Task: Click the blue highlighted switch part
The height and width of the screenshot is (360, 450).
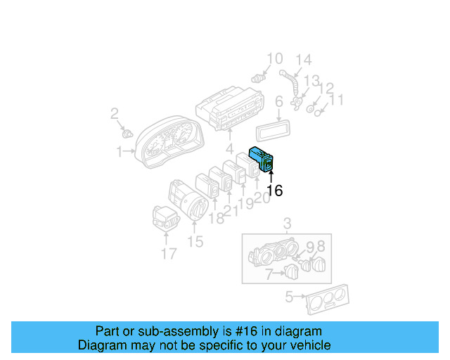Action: [263, 160]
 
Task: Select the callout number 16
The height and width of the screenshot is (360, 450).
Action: [274, 191]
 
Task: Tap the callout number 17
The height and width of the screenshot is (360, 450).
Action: [169, 253]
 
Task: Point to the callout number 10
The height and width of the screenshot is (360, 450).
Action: [274, 58]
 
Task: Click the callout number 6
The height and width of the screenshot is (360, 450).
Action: [278, 102]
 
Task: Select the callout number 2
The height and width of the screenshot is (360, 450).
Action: [115, 113]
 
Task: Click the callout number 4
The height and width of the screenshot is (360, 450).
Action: [229, 149]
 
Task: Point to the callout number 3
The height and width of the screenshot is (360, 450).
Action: [286, 224]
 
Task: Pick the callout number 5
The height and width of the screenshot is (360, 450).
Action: [288, 297]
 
